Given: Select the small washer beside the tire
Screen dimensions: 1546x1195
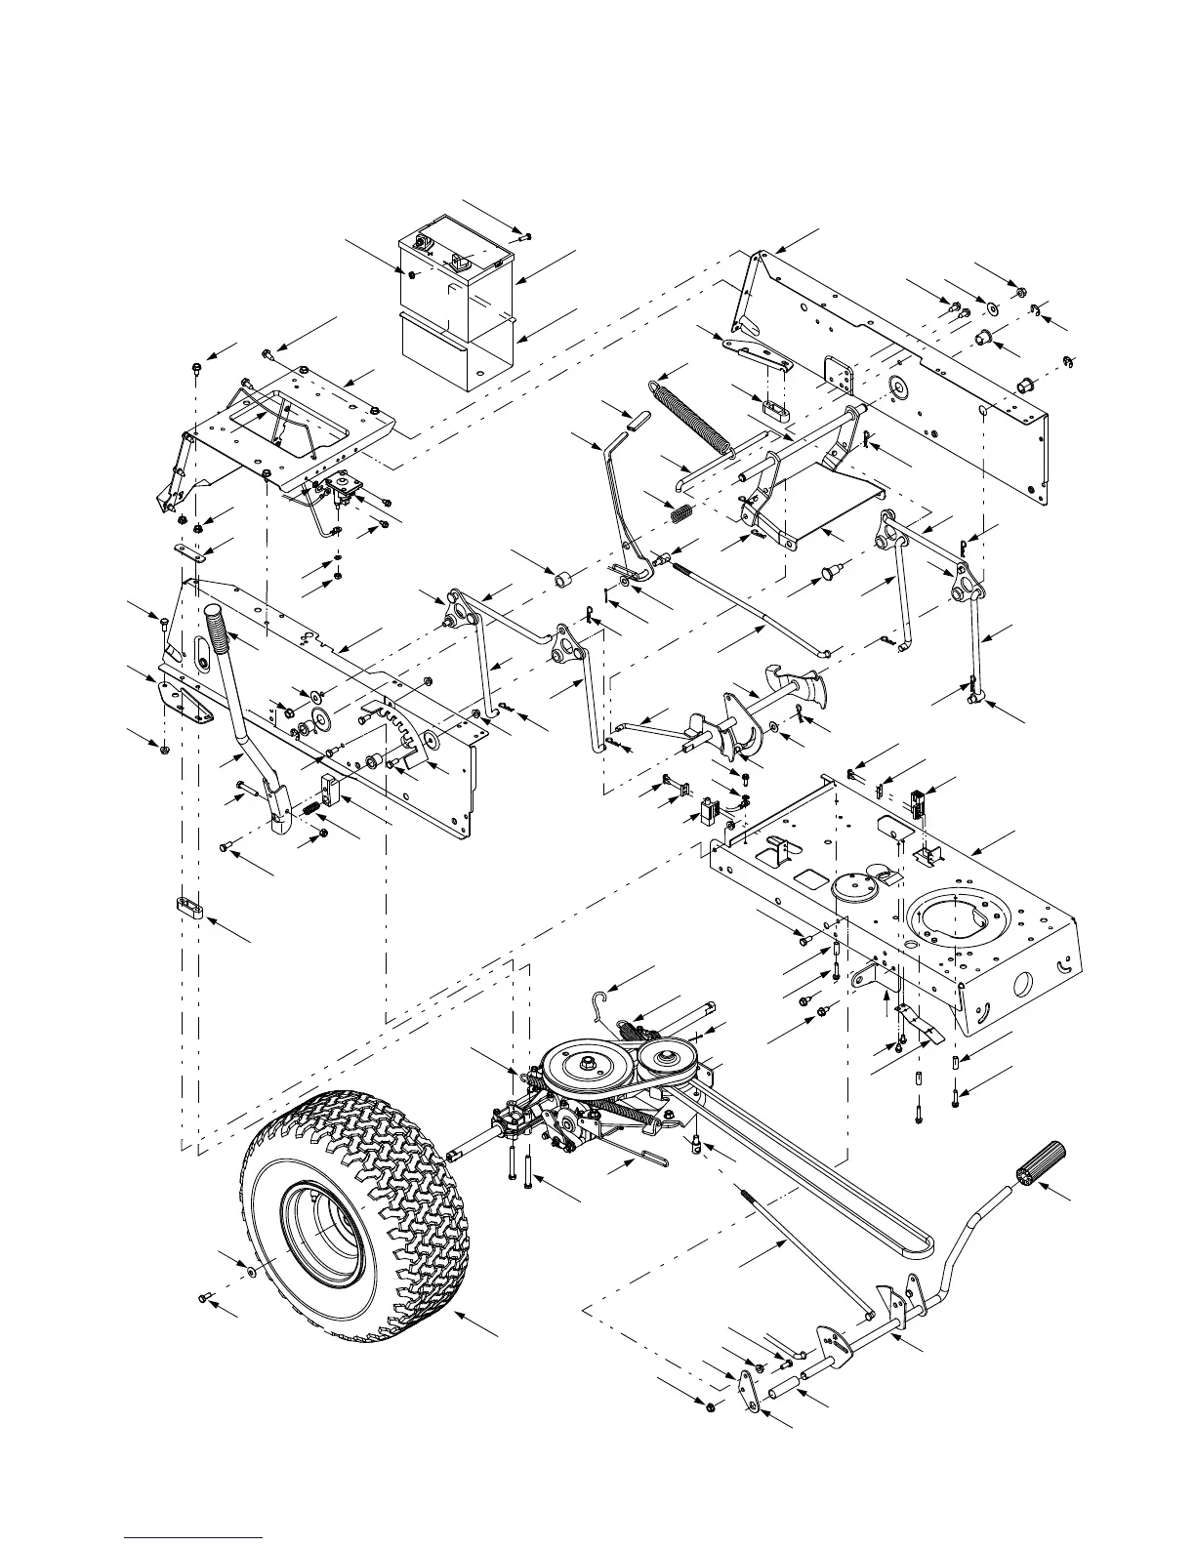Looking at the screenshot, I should [252, 1273].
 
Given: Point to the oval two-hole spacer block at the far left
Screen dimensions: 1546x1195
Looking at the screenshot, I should [189, 909].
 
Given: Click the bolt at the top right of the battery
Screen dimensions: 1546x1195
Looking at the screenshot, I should [525, 235].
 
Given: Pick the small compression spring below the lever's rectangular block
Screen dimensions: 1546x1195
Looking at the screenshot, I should [309, 809].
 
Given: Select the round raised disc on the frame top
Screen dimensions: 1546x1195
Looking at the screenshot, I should [853, 891].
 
